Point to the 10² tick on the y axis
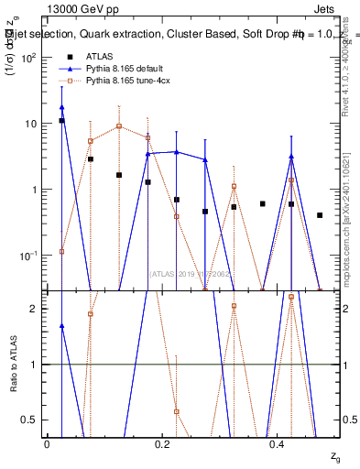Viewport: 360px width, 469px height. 29,58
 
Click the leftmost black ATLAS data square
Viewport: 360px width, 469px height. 61,120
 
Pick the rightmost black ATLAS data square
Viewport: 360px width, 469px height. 320,215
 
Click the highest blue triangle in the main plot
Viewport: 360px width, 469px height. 61,107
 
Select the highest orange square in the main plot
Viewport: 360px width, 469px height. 119,126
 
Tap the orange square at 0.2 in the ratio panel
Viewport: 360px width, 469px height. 177,411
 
